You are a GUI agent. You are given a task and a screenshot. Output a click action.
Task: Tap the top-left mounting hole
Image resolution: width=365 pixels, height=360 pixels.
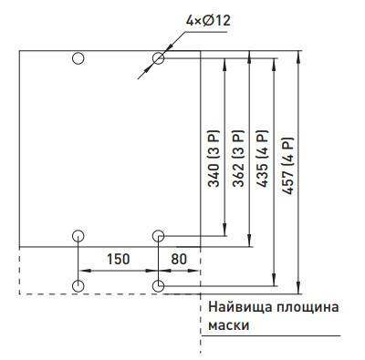point(78,58)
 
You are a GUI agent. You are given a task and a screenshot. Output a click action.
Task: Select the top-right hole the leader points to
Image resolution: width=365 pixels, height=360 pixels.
point(159,58)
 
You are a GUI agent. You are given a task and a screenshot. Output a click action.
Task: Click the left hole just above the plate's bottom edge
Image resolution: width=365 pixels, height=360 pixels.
point(78,236)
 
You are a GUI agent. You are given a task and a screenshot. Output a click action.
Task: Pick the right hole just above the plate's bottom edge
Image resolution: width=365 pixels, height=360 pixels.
point(159,236)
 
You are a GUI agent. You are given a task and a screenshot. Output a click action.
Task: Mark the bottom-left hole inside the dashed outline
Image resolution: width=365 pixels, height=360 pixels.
point(78,286)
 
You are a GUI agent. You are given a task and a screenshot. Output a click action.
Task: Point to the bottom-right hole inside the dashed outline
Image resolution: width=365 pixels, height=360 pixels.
point(159,286)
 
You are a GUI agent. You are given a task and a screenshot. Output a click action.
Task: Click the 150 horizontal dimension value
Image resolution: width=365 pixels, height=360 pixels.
point(118,260)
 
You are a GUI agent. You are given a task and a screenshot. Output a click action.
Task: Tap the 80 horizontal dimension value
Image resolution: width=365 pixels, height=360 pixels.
point(179,260)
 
